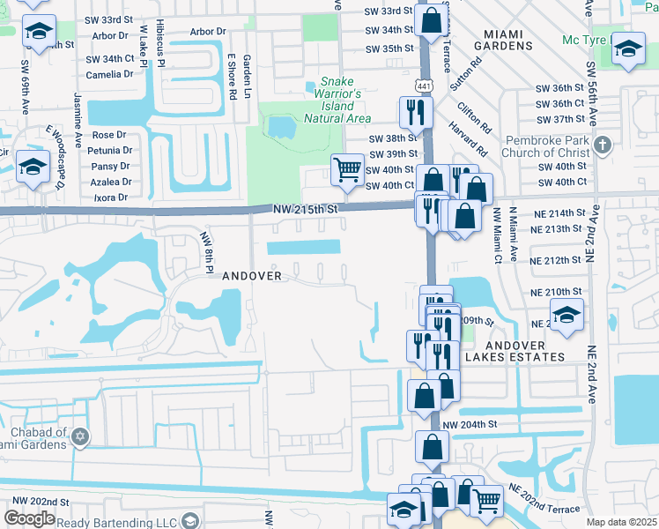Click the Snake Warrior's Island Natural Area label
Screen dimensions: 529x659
337,106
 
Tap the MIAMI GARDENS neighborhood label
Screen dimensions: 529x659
503,41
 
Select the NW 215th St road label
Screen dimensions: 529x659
290,207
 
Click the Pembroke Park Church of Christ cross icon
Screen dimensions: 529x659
602,144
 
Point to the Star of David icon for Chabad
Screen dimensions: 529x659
81,437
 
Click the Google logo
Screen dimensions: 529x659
29,518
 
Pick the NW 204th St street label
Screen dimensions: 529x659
470,424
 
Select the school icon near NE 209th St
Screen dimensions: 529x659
566,314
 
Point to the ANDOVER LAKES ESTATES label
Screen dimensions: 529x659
514,350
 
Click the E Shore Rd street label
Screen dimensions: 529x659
231,76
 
